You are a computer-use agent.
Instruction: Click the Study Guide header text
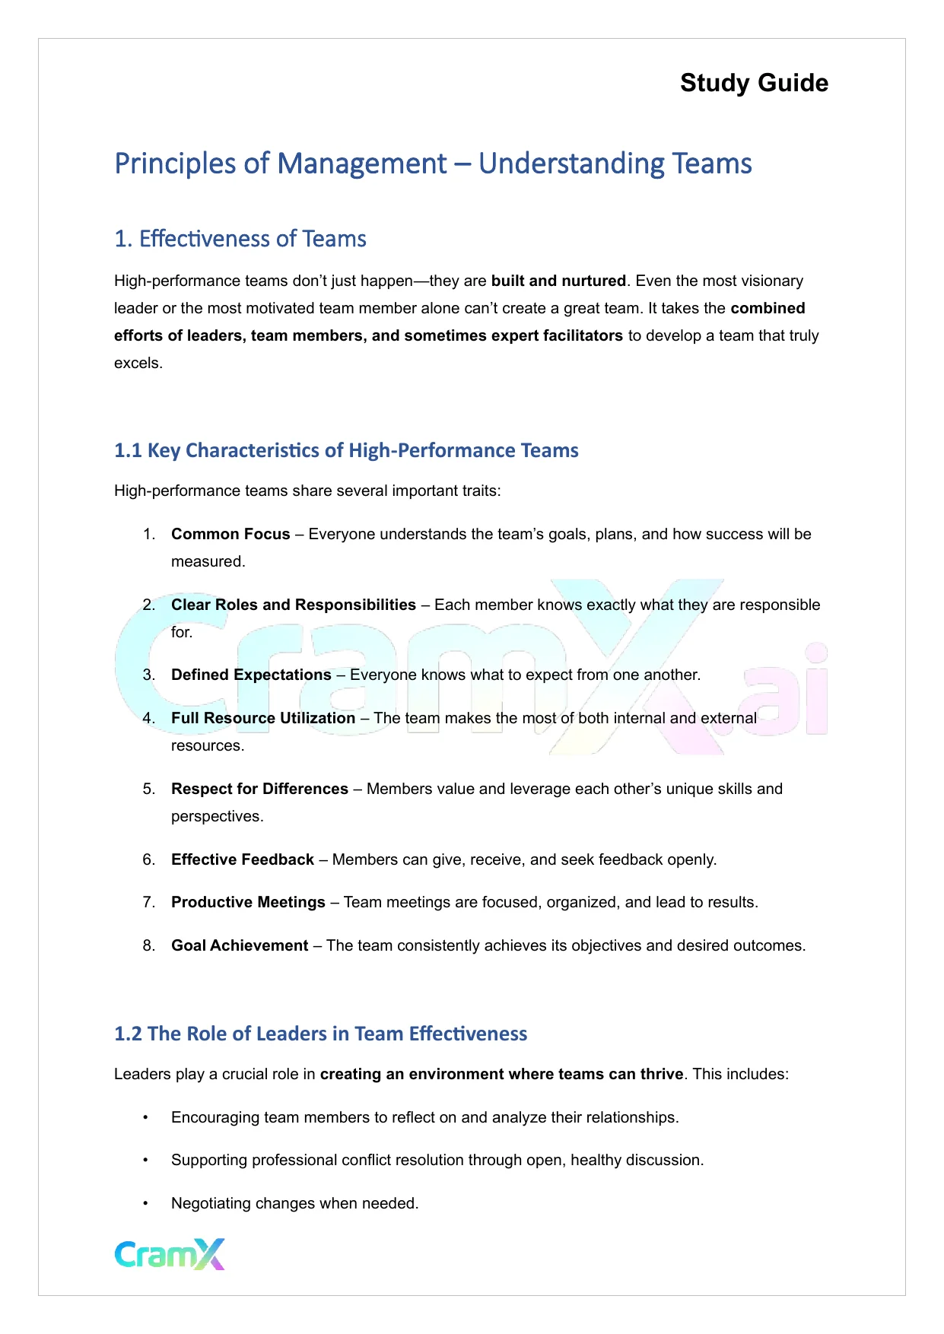[x=754, y=83]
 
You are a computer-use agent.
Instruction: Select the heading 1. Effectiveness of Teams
[x=240, y=239]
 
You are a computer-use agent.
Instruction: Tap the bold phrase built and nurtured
[x=558, y=281]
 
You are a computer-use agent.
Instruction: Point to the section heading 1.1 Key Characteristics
[x=346, y=450]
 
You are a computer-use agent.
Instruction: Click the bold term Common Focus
[x=230, y=534]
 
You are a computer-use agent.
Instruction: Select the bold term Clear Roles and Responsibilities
[x=294, y=605]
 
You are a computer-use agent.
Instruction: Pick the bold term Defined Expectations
[x=251, y=675]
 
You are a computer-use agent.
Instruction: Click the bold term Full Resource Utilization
[x=263, y=718]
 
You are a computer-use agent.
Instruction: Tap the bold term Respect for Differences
[x=259, y=789]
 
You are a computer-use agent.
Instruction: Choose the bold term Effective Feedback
[x=243, y=859]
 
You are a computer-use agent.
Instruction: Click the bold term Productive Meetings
[x=248, y=902]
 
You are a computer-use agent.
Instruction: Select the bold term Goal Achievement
[x=240, y=945]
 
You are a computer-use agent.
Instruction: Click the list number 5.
[x=148, y=789]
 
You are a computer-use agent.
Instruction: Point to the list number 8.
[x=148, y=945]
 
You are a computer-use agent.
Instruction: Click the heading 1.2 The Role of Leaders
[x=320, y=1034]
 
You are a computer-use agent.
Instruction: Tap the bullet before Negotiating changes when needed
[x=145, y=1203]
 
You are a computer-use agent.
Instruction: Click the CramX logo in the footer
[x=170, y=1254]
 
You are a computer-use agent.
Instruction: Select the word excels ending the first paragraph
[x=138, y=363]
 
